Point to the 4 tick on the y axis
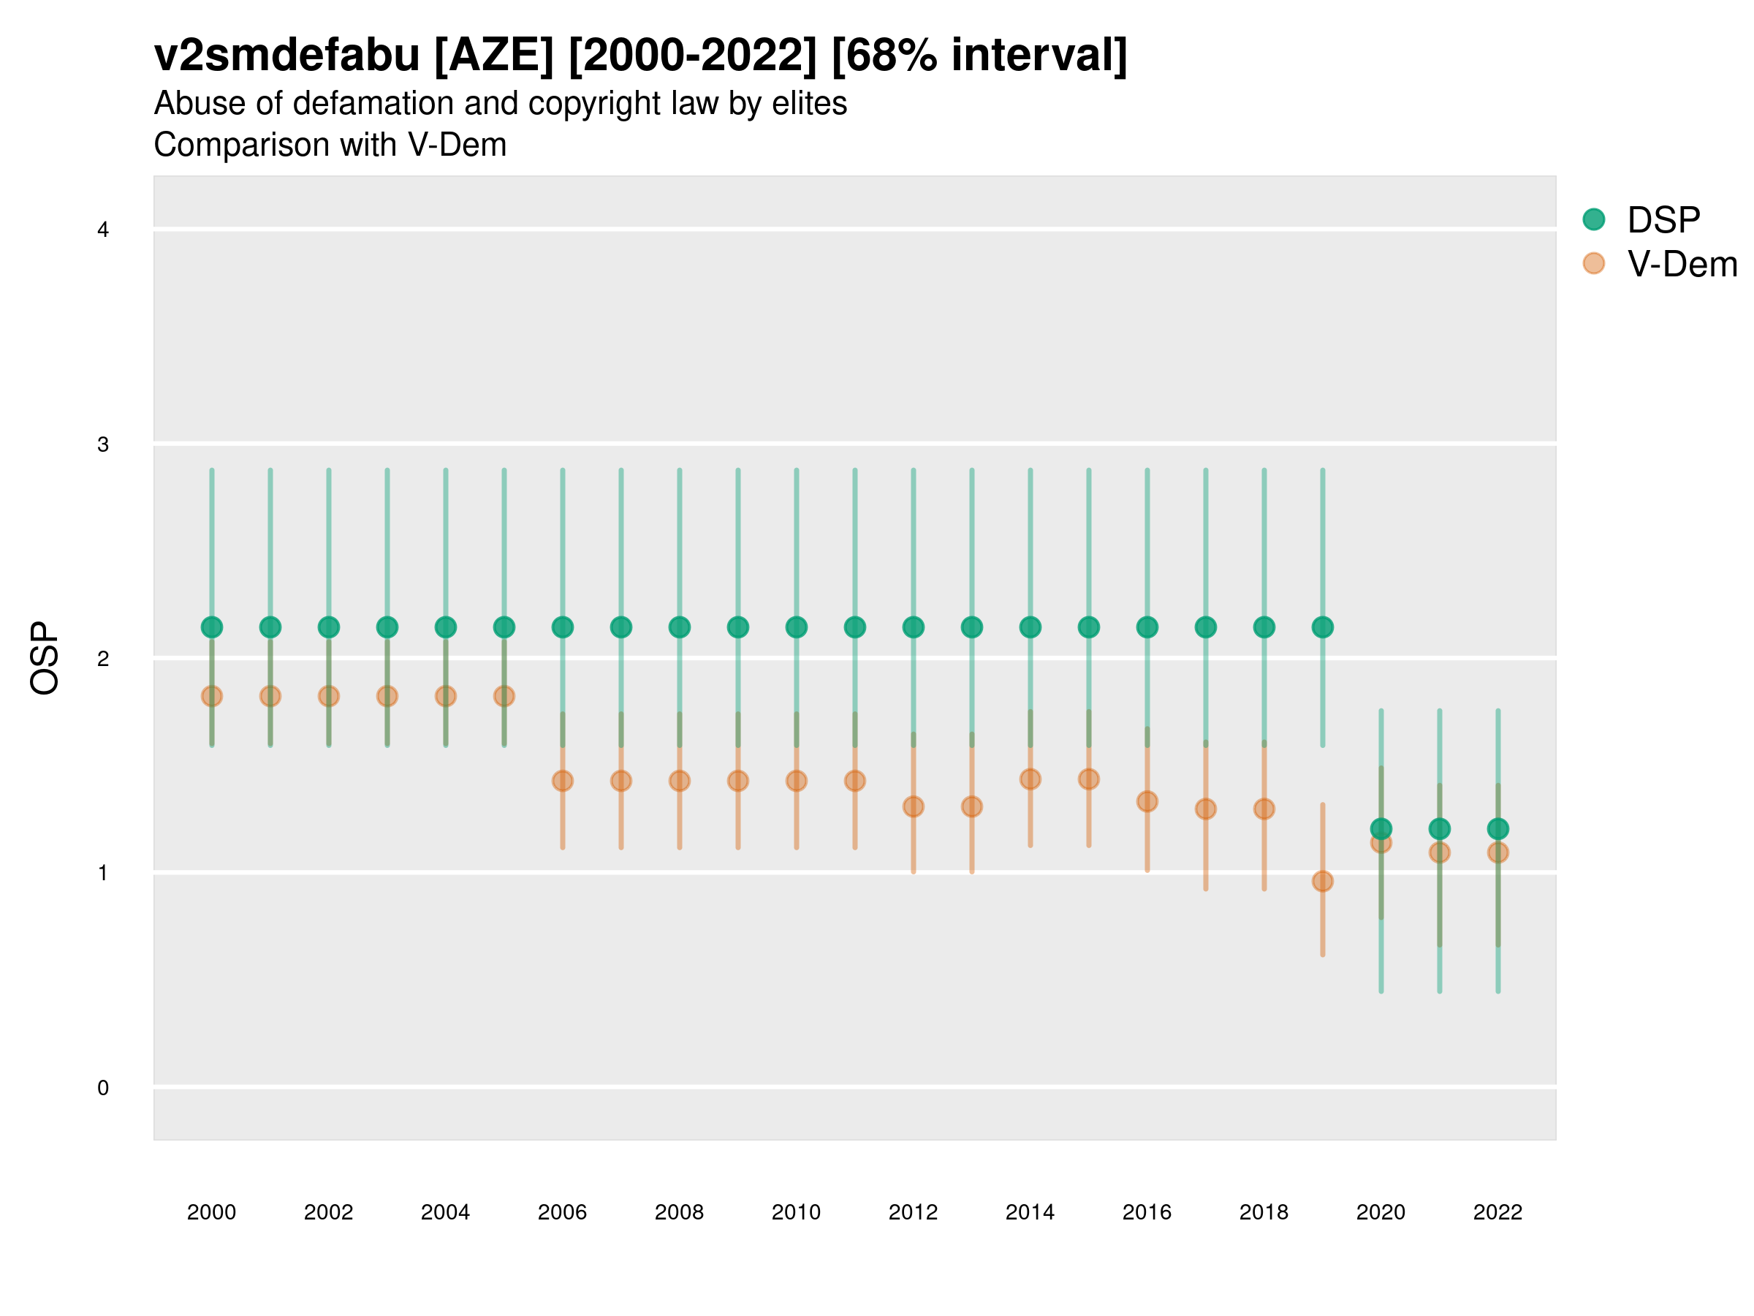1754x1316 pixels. click(x=103, y=230)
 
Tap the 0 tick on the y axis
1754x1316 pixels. click(x=103, y=1088)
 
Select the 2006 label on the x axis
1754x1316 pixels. click(x=562, y=1212)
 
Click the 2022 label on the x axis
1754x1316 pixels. click(x=1497, y=1212)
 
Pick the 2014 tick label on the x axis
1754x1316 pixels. click(x=1030, y=1212)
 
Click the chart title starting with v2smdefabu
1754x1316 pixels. click(x=640, y=56)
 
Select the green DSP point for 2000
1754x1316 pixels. click(x=212, y=627)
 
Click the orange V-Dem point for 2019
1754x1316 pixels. click(x=1323, y=881)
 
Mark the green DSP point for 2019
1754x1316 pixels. click(x=1323, y=627)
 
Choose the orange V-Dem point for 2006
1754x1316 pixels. click(x=562, y=782)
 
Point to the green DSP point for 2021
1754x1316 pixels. click(x=1439, y=829)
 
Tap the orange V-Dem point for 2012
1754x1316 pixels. click(x=914, y=806)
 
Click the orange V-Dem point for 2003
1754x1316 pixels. click(x=387, y=697)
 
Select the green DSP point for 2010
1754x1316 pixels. click(x=796, y=627)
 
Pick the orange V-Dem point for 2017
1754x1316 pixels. click(x=1205, y=809)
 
